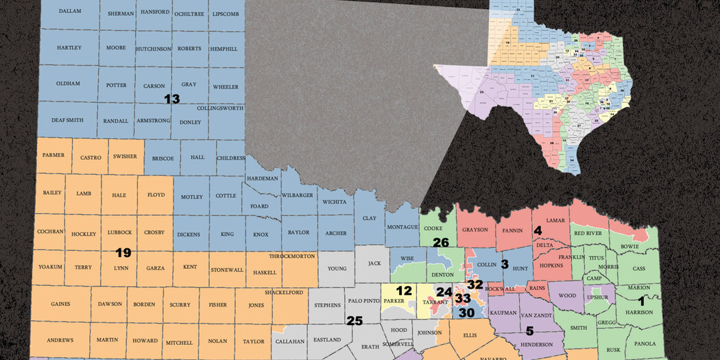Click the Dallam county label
pyautogui.click(x=69, y=12)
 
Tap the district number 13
pyautogui.click(x=171, y=99)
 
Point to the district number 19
pyautogui.click(x=123, y=253)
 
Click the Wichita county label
pyautogui.click(x=335, y=202)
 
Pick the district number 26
pyautogui.click(x=441, y=242)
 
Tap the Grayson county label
pyautogui.click(x=475, y=229)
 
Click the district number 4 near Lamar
pyautogui.click(x=538, y=231)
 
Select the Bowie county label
pyautogui.click(x=629, y=245)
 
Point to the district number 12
pyautogui.click(x=404, y=291)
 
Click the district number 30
pyautogui.click(x=466, y=313)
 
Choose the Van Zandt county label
pyautogui.click(x=536, y=315)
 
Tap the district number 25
pyautogui.click(x=354, y=320)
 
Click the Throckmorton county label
pyautogui.click(x=291, y=256)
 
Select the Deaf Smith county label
pyautogui.click(x=67, y=120)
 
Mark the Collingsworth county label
pyautogui.click(x=220, y=108)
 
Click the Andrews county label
pyautogui.click(x=60, y=340)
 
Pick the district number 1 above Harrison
pyautogui.click(x=642, y=300)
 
